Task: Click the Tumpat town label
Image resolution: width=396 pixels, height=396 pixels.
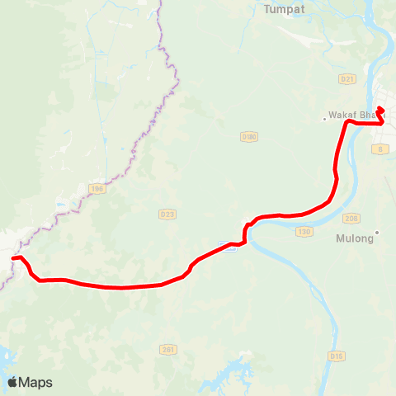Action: [x=284, y=10]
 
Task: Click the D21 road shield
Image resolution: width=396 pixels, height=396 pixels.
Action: [x=347, y=79]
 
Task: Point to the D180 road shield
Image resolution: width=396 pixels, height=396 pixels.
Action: [x=248, y=135]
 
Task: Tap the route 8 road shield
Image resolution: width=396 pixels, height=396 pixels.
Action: [x=380, y=148]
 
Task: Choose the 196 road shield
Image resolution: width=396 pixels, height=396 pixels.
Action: [x=98, y=189]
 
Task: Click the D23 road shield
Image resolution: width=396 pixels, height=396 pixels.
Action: [x=167, y=214]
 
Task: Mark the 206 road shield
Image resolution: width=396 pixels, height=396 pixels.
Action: [x=352, y=219]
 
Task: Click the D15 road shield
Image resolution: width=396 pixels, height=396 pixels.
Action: [x=336, y=356]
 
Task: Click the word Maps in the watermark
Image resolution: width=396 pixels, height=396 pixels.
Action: [x=35, y=382]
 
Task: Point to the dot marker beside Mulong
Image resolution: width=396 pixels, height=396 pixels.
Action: [x=377, y=233]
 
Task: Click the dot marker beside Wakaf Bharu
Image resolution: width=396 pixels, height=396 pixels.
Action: [x=325, y=118]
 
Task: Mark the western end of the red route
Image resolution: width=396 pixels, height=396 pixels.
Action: [x=12, y=258]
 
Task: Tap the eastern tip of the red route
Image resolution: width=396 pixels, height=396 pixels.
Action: [x=380, y=107]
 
